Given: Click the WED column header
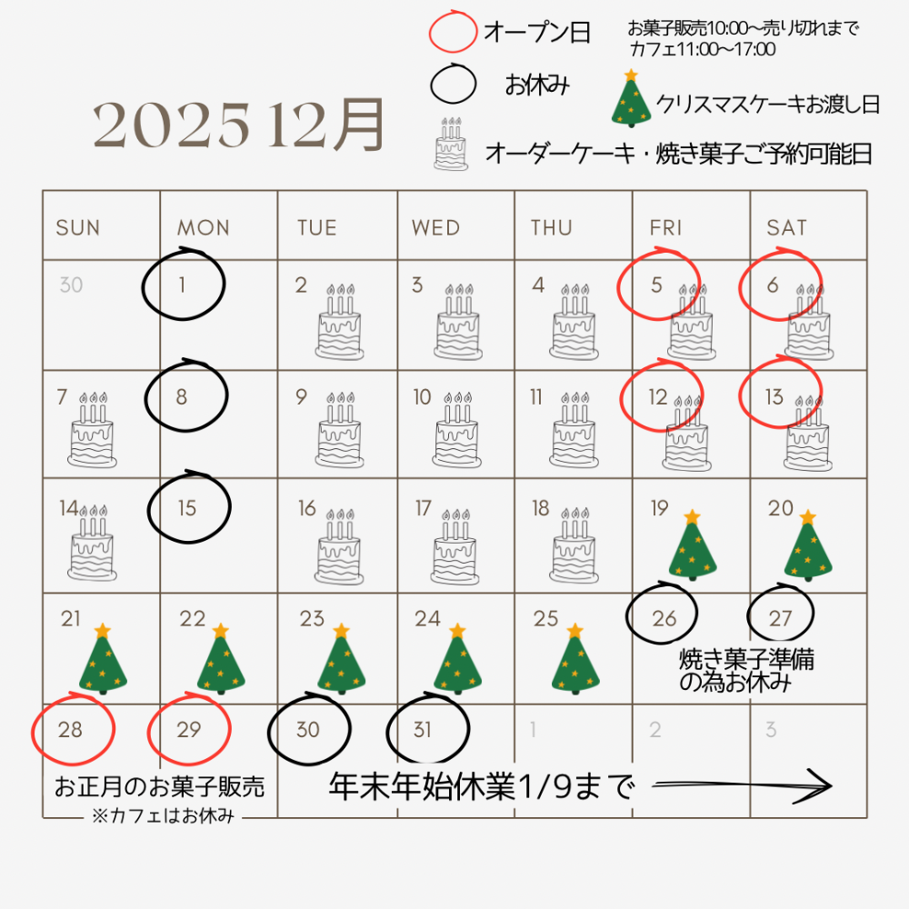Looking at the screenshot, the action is pos(436,228).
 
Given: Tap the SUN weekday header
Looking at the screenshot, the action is pos(77,228).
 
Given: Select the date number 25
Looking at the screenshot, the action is pos(545,618).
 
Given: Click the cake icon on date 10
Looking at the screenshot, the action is pos(457,430).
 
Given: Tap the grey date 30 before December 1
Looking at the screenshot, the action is pos(71,285).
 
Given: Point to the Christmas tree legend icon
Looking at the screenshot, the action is pos(632,98).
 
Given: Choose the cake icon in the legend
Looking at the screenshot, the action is pos(451,144).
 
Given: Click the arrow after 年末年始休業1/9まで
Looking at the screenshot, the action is pos(742,785).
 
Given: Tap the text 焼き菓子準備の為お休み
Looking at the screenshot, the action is pos(746,671).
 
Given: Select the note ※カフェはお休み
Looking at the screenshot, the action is pos(163,815).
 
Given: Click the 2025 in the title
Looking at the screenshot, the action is pos(172,125).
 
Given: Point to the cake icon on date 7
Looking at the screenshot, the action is pos(92,430).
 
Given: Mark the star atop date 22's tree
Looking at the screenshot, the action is pos(221,631).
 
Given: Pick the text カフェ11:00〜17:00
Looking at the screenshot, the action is pos(702,49).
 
